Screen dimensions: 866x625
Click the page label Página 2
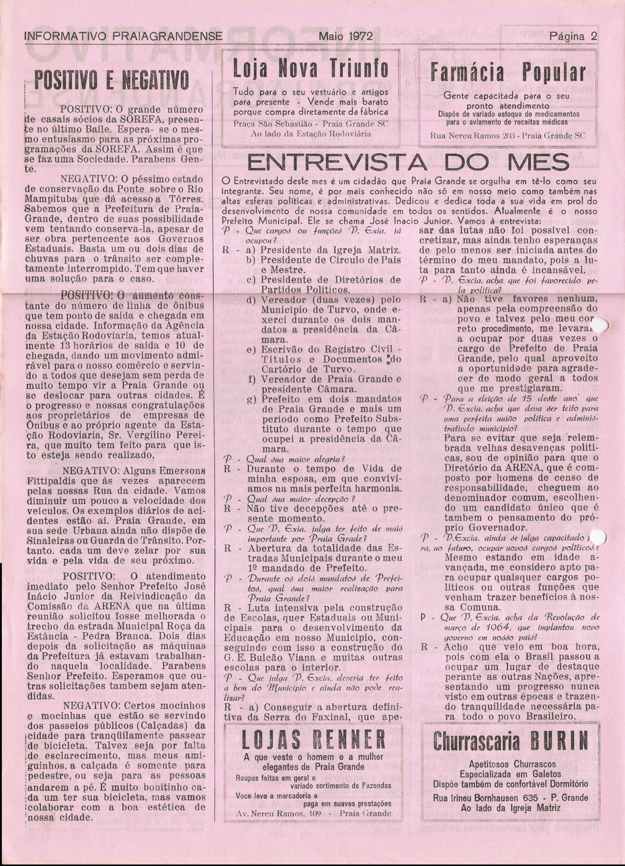tap(573, 37)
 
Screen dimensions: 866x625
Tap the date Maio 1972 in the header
tap(347, 37)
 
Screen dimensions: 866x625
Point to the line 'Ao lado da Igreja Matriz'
tap(510, 808)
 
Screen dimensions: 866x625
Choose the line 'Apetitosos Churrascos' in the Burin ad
tap(510, 766)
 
